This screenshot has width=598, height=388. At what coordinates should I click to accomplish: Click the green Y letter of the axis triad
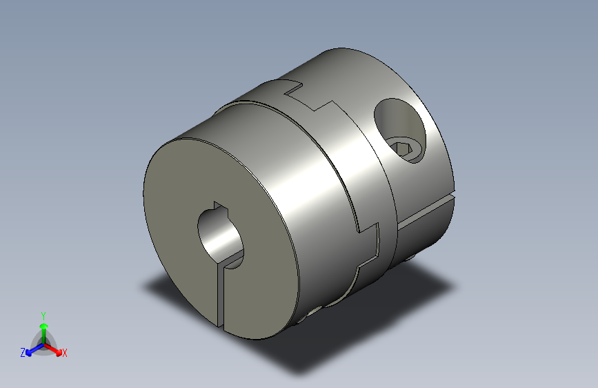43,314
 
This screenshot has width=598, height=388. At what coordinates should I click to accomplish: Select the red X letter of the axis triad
65,353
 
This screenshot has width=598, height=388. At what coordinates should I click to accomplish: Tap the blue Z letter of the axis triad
23,352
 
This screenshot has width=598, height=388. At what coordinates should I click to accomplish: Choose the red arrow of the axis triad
55,347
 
